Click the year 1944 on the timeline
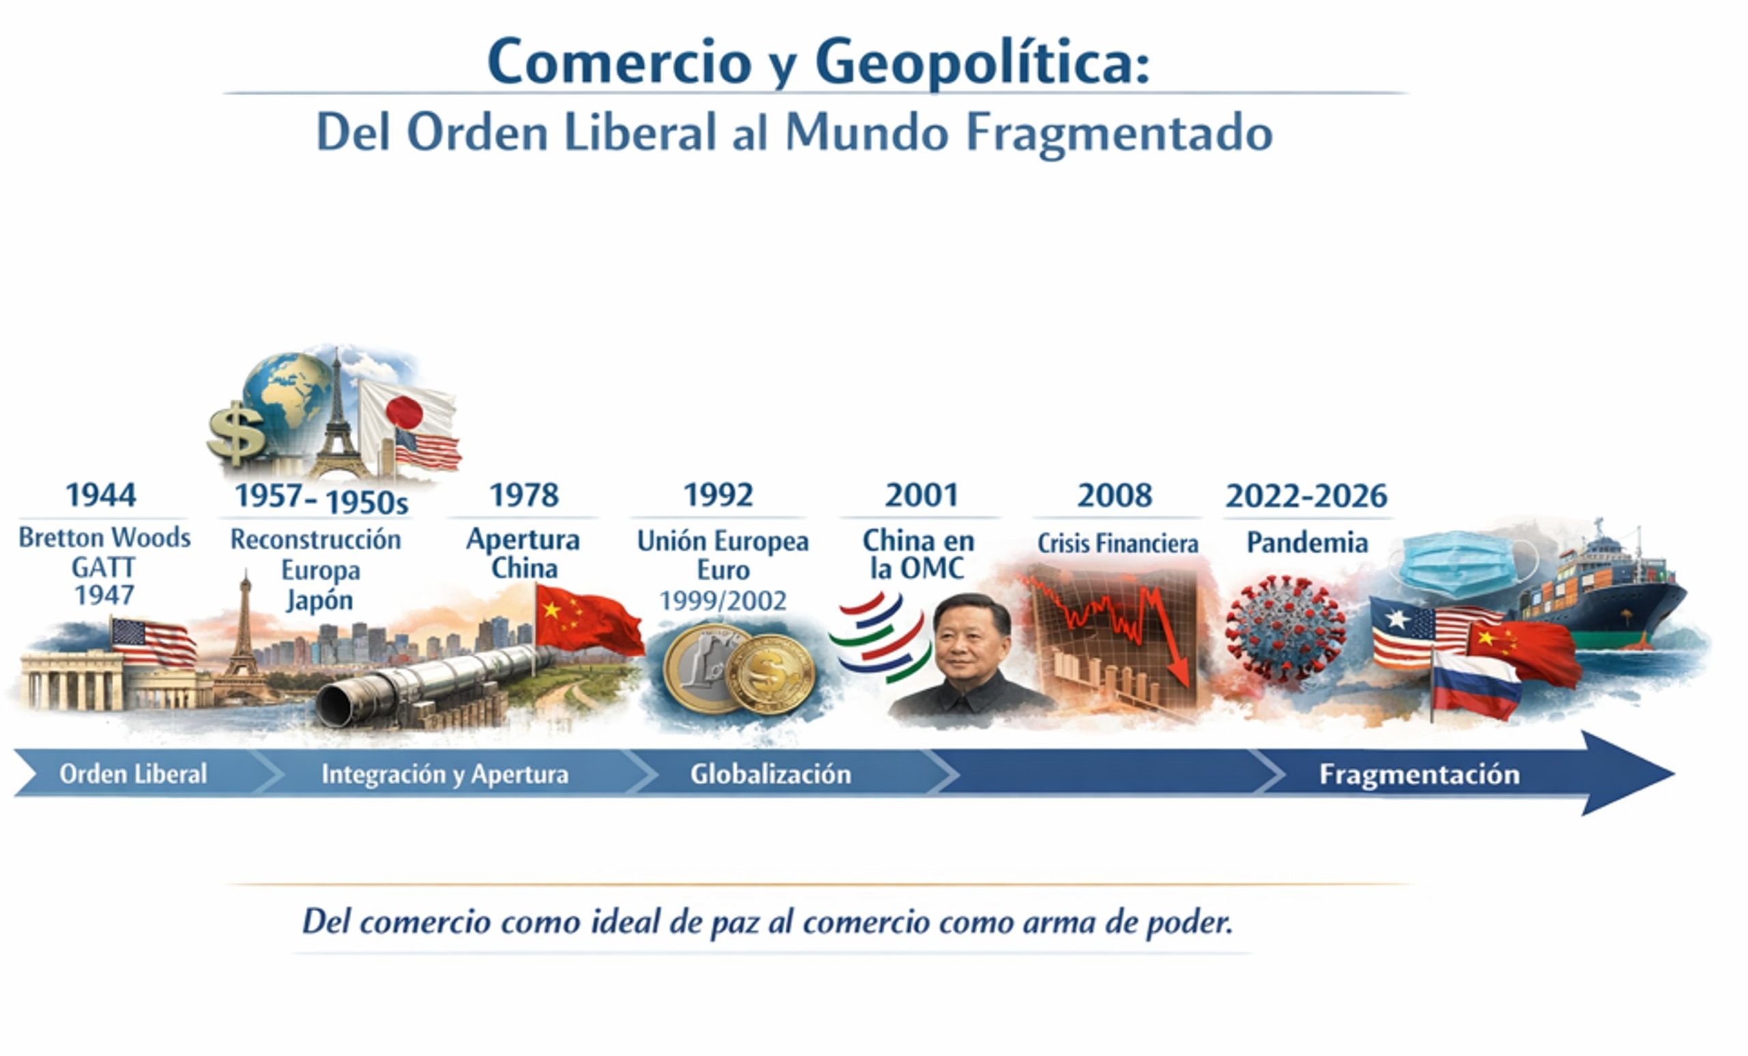point(101,495)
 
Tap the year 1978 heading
point(524,495)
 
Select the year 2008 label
point(1114,495)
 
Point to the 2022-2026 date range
point(1306,496)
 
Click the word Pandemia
point(1308,543)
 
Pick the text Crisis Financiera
point(1118,544)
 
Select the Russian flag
point(1476,685)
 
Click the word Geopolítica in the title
point(982,63)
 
